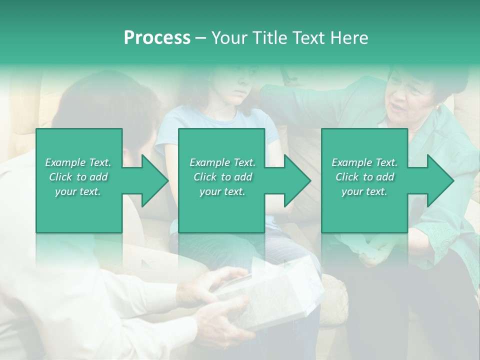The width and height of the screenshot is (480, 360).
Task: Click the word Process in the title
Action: [x=157, y=37]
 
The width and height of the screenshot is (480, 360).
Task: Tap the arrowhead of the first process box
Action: [x=155, y=180]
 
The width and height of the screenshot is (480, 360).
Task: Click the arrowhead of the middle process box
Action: [x=298, y=180]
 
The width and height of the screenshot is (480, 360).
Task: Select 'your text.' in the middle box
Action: [x=222, y=191]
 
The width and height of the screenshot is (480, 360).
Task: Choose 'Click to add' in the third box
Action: [x=364, y=177]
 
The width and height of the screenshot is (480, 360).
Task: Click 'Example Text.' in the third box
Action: [x=364, y=162]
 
